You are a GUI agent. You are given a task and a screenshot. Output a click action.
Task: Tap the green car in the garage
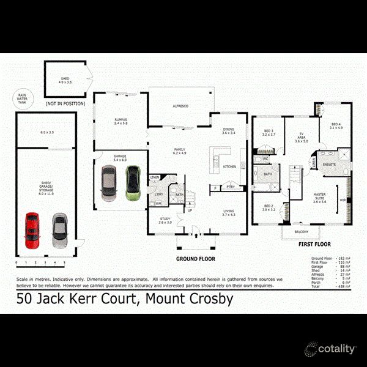click(132, 183)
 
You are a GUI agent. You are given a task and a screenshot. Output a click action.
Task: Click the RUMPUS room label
click(120, 120)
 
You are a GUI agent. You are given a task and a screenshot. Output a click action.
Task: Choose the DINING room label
click(228, 130)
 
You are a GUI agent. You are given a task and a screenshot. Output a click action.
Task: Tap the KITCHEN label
click(229, 166)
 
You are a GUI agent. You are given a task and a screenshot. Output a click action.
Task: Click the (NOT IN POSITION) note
click(65, 103)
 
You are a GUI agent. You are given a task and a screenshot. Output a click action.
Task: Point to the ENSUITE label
click(330, 164)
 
